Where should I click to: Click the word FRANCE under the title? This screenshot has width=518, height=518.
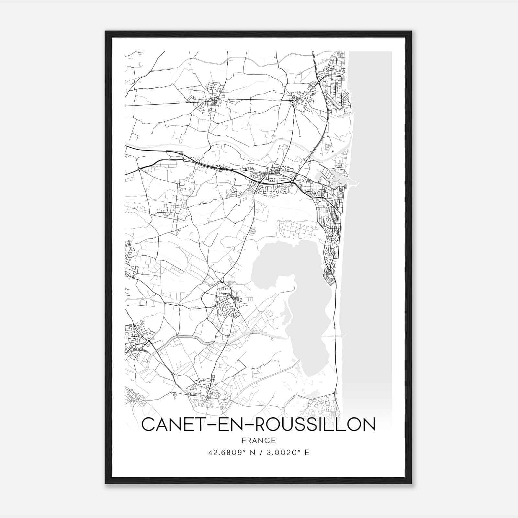(258, 440)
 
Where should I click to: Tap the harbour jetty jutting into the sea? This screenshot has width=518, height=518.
(356, 185)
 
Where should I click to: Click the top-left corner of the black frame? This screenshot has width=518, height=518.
(106, 31)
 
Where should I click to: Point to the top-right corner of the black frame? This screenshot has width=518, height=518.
(411, 31)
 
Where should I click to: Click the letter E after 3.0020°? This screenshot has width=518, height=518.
(307, 452)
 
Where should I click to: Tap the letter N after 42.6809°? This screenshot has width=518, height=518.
(251, 452)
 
